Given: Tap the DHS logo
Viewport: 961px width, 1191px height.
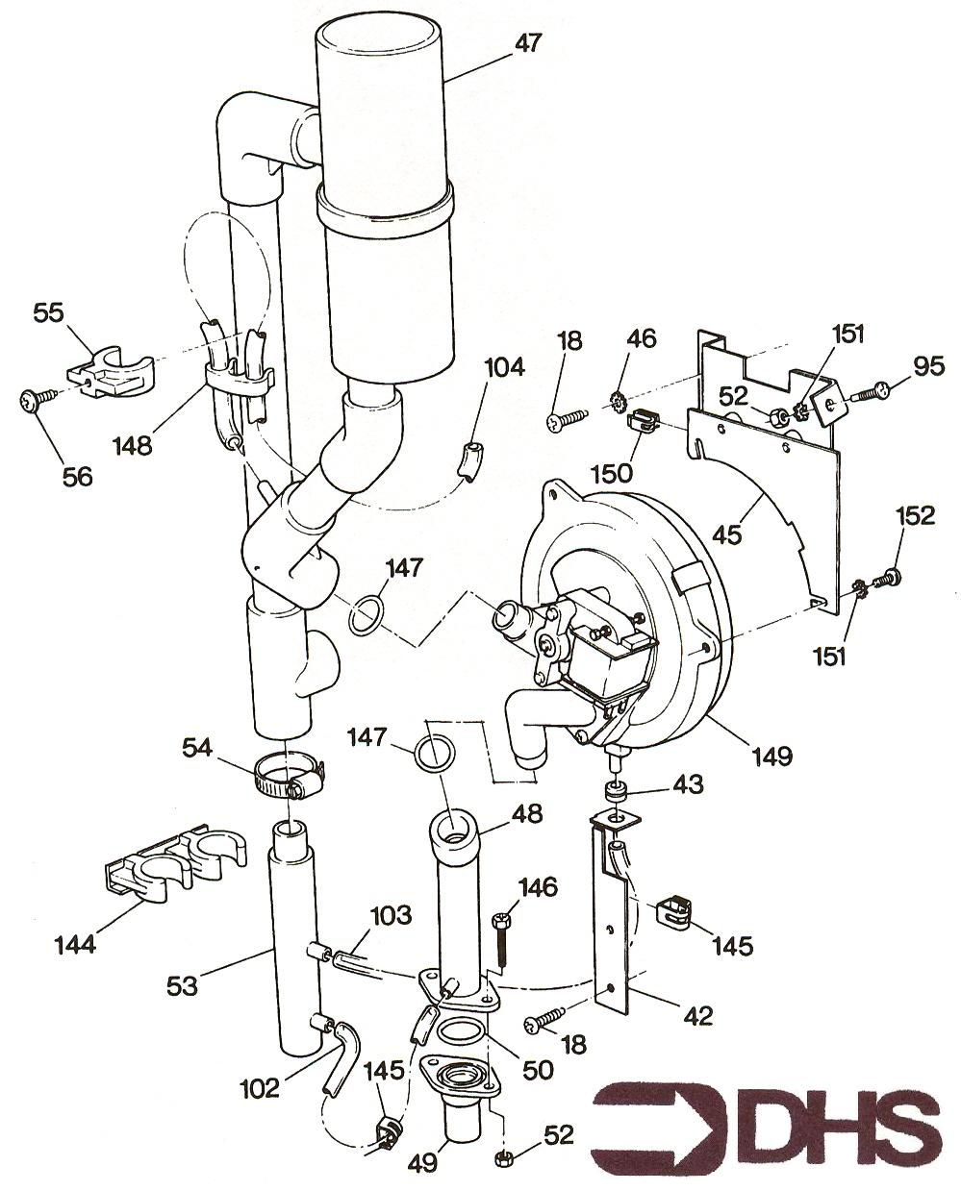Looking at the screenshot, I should pos(765,1135).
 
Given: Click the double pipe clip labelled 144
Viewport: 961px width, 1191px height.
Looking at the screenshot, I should pos(164,867).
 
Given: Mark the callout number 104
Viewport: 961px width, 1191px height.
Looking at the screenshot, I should pos(504,366).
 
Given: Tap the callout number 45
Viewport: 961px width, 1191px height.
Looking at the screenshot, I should pos(729,533).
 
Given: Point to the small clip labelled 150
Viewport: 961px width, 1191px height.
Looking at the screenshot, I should pos(643,422).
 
